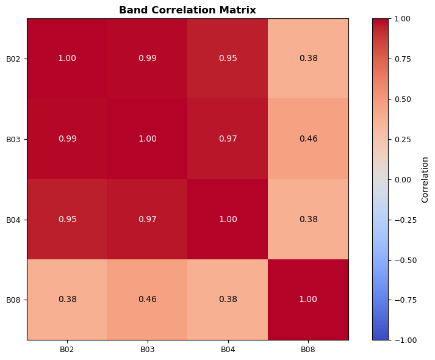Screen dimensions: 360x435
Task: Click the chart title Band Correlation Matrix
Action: [187, 10]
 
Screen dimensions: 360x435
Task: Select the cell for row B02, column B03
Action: [147, 59]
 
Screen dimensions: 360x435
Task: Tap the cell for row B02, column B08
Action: [308, 59]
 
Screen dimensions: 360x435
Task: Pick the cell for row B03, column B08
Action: [308, 139]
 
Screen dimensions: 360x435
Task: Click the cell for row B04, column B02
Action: [67, 219]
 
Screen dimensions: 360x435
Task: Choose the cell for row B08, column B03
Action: [147, 300]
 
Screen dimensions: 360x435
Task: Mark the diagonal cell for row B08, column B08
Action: [308, 300]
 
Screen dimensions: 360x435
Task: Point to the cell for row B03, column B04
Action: [228, 139]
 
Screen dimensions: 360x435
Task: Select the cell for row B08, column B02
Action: [67, 300]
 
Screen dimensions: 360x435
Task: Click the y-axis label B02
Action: [13, 59]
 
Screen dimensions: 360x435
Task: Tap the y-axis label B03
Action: [13, 139]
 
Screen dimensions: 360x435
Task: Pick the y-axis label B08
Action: [13, 300]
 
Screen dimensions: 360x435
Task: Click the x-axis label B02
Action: [67, 349]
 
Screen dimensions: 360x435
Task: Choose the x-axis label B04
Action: [228, 349]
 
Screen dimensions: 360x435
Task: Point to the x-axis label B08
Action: [308, 349]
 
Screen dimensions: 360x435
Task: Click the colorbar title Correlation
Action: [425, 179]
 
